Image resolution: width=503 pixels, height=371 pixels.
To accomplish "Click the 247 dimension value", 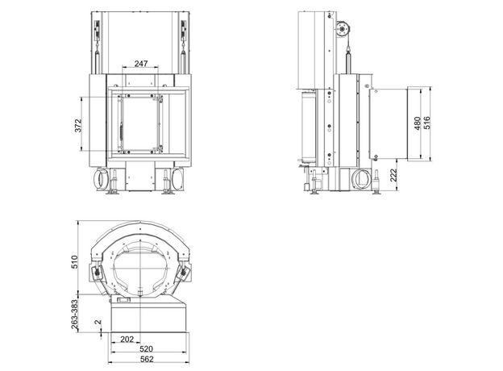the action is pyautogui.click(x=141, y=64).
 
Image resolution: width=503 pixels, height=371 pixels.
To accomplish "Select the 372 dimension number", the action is pyautogui.click(x=78, y=126).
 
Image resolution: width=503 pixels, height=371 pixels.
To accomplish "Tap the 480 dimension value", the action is pyautogui.click(x=418, y=123).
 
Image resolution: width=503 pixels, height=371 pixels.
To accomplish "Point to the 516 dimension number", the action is pyautogui.click(x=427, y=123).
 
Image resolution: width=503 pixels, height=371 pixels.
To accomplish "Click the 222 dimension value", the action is pyautogui.click(x=393, y=175).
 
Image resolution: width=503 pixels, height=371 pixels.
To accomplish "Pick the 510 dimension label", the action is pyautogui.click(x=74, y=262).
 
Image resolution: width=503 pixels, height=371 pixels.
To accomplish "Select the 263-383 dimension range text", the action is pyautogui.click(x=74, y=315).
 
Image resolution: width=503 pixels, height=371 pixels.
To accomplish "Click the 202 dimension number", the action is pyautogui.click(x=127, y=340).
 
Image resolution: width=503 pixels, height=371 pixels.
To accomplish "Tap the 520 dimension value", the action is pyautogui.click(x=146, y=349).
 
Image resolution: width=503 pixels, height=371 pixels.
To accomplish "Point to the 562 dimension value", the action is pyautogui.click(x=147, y=359).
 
